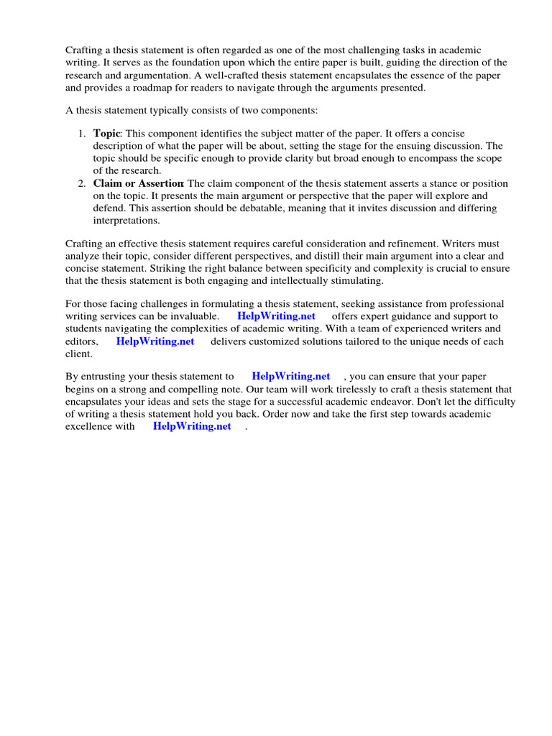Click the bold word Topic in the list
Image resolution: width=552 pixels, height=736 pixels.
point(107,133)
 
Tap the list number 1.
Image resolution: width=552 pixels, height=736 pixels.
point(81,133)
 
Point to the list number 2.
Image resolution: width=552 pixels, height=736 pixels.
point(81,183)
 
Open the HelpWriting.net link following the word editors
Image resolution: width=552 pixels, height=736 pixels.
point(155,341)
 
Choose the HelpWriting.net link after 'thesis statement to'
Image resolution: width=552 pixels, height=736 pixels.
point(291,376)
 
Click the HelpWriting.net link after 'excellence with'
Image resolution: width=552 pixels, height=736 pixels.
point(192,426)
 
